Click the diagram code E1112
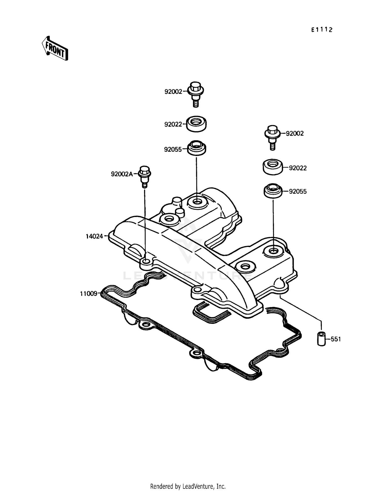(x=322, y=30)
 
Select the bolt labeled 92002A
(x=145, y=176)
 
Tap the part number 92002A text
(x=122, y=174)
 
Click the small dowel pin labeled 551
(x=321, y=339)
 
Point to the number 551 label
(x=336, y=339)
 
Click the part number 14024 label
(x=94, y=236)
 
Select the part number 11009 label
(x=88, y=294)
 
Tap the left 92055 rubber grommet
(x=197, y=148)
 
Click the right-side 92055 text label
(x=298, y=191)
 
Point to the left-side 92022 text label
(x=173, y=124)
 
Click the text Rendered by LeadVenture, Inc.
(x=188, y=486)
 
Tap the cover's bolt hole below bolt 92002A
(x=146, y=262)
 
